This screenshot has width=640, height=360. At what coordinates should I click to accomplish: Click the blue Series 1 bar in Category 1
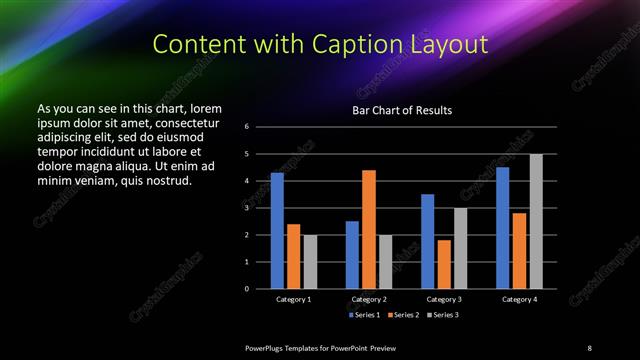(x=277, y=231)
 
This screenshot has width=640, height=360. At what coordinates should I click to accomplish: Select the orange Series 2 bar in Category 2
(x=369, y=229)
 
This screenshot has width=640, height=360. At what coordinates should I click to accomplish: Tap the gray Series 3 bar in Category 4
(x=536, y=221)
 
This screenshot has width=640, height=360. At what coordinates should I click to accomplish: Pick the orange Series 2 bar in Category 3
(x=444, y=264)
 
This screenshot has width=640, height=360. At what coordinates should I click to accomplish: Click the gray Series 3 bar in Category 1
(x=310, y=262)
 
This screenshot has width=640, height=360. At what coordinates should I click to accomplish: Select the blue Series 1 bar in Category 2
(x=352, y=255)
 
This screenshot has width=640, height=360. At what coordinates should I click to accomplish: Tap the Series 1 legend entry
(x=364, y=315)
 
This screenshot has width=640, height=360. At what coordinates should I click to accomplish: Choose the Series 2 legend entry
(x=404, y=315)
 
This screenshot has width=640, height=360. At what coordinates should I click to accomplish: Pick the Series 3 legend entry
(x=443, y=315)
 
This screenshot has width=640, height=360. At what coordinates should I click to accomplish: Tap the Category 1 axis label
(x=294, y=300)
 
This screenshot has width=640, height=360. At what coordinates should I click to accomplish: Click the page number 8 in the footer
(x=589, y=347)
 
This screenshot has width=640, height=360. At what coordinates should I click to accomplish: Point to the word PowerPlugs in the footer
(x=267, y=347)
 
